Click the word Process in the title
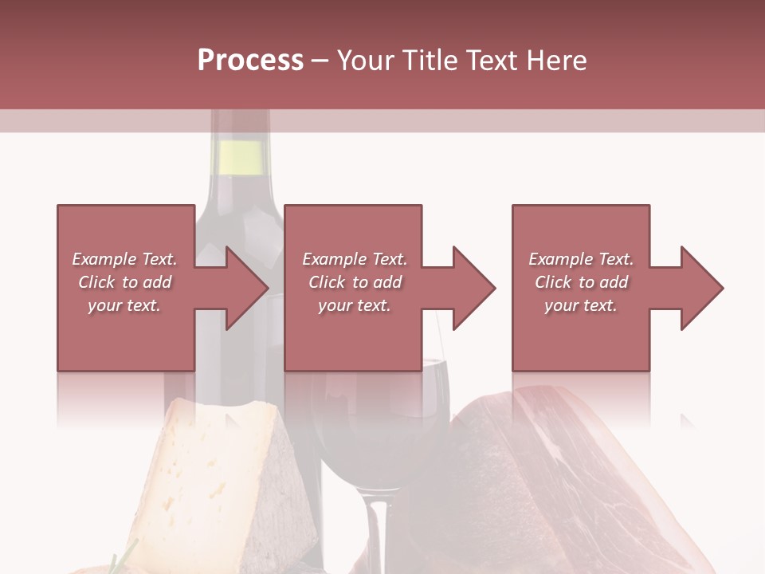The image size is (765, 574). [250, 61]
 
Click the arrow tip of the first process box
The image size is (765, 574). [266, 288]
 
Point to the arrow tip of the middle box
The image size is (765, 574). [493, 288]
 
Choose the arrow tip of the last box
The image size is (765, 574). [721, 288]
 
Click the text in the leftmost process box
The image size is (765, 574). [124, 282]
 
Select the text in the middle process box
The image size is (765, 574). [354, 282]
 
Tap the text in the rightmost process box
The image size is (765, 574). [581, 282]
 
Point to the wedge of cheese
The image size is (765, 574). [215, 470]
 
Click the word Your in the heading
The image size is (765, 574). [366, 61]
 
